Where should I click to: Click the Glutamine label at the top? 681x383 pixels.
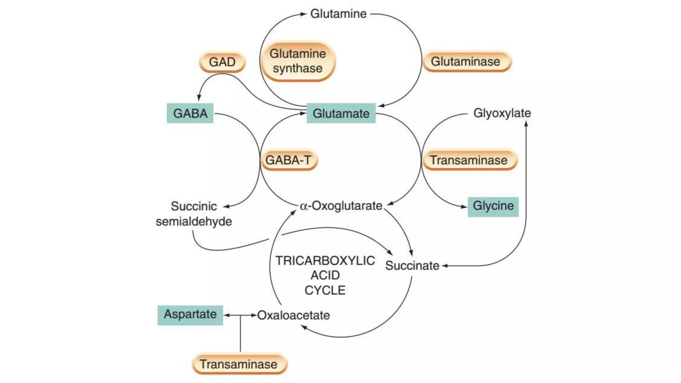pos(338,14)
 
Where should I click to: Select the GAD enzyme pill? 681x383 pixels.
pos(222,62)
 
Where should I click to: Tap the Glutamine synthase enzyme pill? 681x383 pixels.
pos(297,61)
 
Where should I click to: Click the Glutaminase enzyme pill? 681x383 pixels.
pos(466,62)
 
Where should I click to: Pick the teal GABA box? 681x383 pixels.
pos(190,113)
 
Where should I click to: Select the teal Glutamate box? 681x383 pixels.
pos(341,113)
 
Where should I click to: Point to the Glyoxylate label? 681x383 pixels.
pos(502,113)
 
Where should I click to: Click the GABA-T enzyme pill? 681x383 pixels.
pos(289,160)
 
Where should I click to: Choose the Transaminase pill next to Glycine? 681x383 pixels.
pos(469,160)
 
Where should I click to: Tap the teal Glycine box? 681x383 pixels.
pos(493,206)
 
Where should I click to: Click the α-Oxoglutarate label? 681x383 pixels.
pos(341,206)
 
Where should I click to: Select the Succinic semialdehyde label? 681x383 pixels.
pos(194,214)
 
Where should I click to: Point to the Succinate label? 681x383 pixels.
pos(412,266)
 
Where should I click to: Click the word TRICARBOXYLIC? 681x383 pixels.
pos(325,261)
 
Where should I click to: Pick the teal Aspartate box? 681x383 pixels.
pos(190,315)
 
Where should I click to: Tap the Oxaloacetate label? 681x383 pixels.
pos(294,315)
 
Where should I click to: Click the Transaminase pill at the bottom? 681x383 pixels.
pos(239,364)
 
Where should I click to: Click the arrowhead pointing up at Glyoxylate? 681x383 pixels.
pos(526,124)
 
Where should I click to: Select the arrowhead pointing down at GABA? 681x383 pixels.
pos(199,98)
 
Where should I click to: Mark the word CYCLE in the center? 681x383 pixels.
pos(325,290)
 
